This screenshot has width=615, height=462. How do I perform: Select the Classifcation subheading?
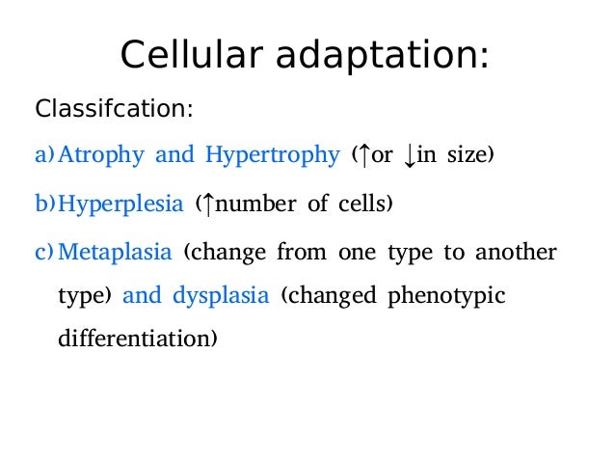[114, 108]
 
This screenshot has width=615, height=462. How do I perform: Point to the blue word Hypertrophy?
[271, 154]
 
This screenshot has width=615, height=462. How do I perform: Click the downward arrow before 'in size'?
[410, 155]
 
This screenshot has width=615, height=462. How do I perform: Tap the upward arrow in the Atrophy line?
[362, 154]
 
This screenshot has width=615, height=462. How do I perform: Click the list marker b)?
[45, 204]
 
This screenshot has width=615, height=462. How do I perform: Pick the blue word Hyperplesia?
[120, 204]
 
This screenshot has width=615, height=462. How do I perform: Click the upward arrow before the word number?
[205, 204]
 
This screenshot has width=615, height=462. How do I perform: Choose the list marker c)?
[45, 253]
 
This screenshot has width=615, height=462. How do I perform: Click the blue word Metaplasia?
[115, 253]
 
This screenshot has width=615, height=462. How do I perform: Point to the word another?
[517, 253]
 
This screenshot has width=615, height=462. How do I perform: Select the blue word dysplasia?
[220, 296]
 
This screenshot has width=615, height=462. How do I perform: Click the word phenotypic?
[445, 296]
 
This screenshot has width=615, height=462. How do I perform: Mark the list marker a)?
[45, 154]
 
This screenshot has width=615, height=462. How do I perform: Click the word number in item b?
[253, 204]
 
